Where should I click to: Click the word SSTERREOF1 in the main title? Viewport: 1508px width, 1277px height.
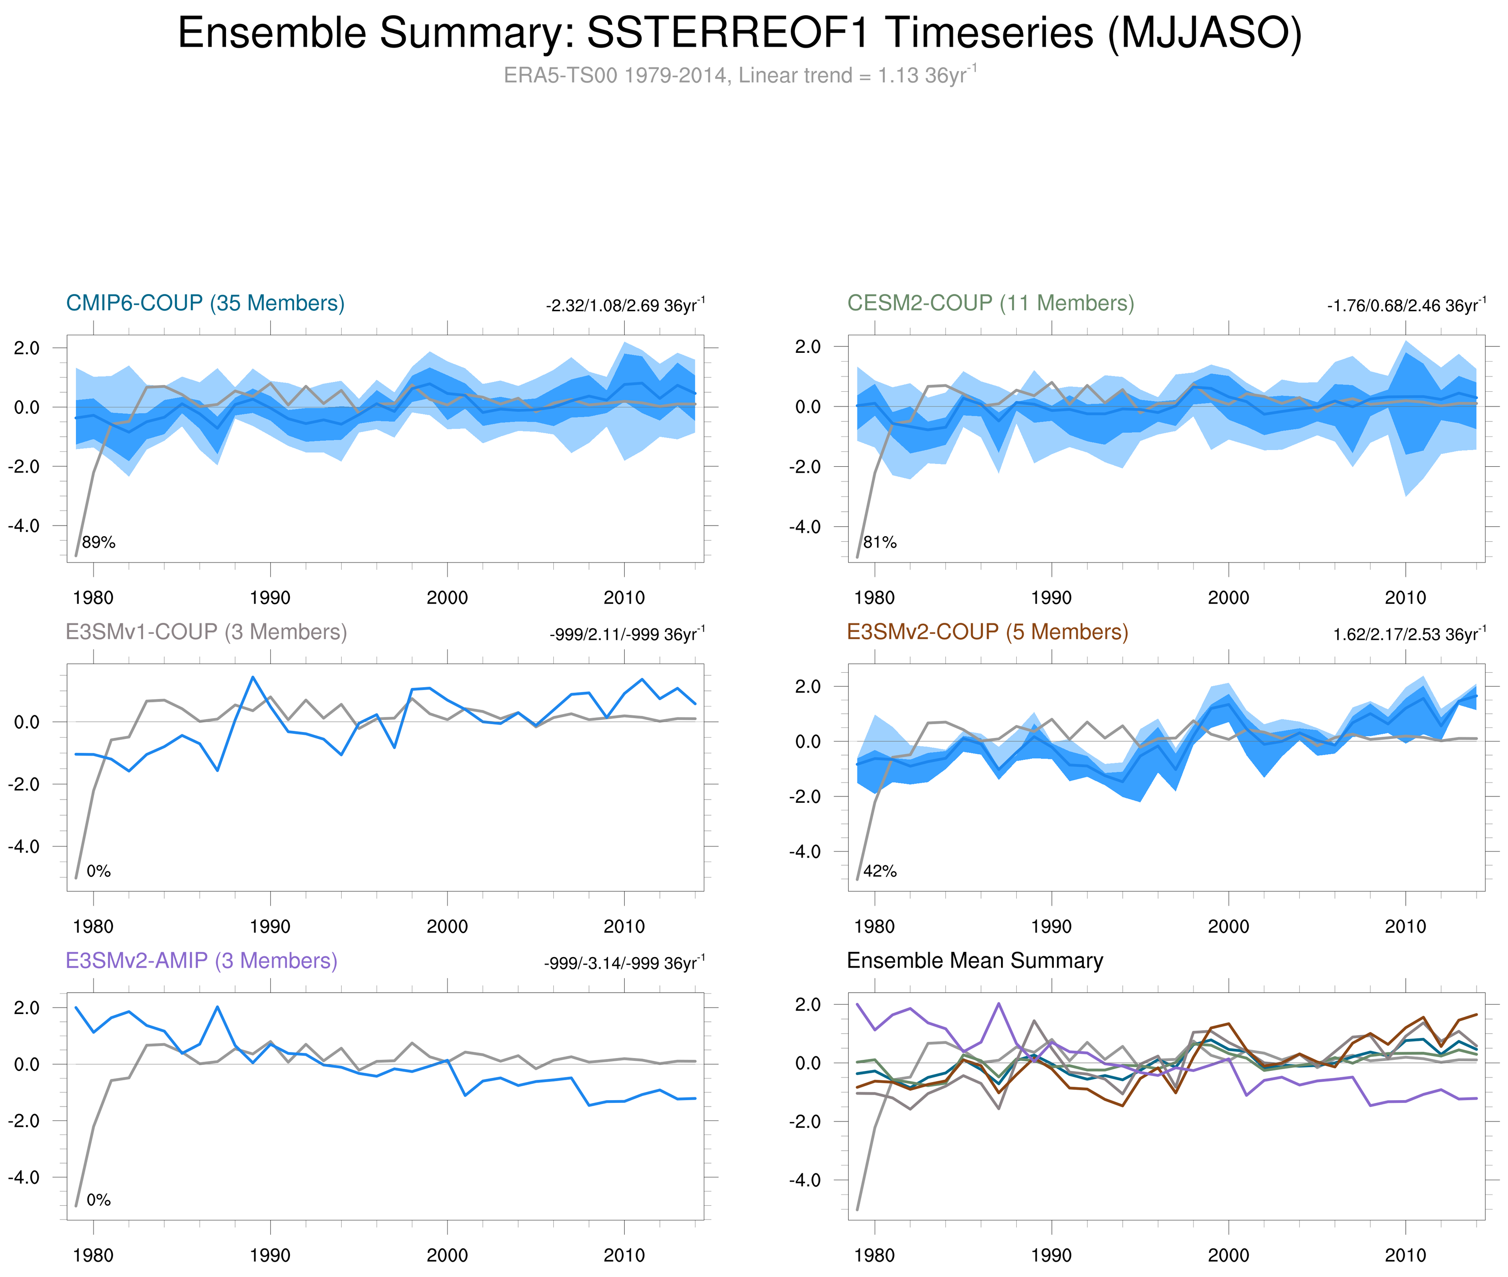pyautogui.click(x=727, y=33)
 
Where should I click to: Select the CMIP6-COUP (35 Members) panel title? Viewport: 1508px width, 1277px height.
pyautogui.click(x=205, y=303)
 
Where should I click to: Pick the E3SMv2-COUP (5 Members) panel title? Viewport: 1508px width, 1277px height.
pyautogui.click(x=987, y=632)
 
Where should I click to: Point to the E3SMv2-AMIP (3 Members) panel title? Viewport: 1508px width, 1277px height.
pyautogui.click(x=201, y=961)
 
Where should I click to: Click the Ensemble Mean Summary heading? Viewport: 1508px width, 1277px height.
pyautogui.click(x=975, y=961)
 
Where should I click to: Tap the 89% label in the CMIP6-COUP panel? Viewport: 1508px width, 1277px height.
pyautogui.click(x=99, y=542)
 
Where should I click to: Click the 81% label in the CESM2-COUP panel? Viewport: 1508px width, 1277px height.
pyautogui.click(x=880, y=542)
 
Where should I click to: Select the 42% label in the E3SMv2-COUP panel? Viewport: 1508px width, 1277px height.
pyautogui.click(x=880, y=871)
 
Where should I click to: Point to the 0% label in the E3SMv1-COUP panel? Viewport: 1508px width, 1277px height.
pyautogui.click(x=99, y=871)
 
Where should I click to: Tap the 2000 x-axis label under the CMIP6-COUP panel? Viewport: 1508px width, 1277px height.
pyautogui.click(x=447, y=598)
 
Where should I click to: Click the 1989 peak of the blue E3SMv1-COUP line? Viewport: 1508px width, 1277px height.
pyautogui.click(x=253, y=677)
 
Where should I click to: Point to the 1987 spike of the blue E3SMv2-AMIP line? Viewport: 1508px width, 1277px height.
pyautogui.click(x=217, y=1007)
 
